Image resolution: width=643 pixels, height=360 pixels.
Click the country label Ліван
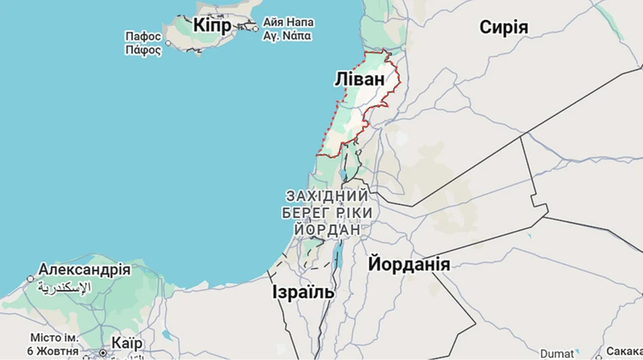[360, 79]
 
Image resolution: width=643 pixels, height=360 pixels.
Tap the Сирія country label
[504, 28]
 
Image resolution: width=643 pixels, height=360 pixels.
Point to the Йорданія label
[409, 265]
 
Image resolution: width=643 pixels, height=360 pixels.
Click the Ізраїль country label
[303, 292]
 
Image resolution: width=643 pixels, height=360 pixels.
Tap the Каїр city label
[126, 344]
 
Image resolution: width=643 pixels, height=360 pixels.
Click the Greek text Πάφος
[143, 49]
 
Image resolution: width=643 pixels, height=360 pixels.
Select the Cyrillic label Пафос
[143, 37]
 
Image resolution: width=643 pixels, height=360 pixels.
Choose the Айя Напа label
[288, 22]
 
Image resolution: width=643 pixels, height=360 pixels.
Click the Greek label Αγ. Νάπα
[287, 36]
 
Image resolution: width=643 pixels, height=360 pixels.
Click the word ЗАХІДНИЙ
[327, 195]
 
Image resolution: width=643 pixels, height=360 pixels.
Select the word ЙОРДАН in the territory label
[327, 229]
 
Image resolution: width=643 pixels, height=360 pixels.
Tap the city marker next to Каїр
[103, 352]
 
